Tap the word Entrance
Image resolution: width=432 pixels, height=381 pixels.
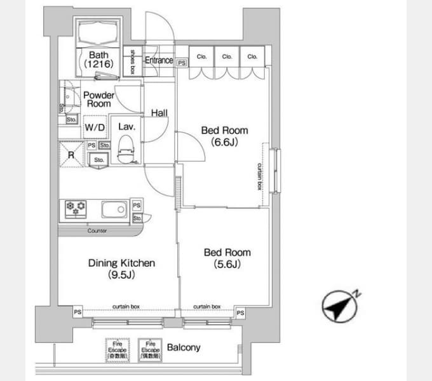point(158,60)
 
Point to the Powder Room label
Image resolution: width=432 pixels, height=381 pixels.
point(98,99)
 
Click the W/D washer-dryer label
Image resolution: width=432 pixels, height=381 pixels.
point(95,128)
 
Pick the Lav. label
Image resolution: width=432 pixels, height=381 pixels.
point(125,126)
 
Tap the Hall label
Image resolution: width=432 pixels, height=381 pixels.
point(159,113)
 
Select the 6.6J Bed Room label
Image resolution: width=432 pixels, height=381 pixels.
point(224,136)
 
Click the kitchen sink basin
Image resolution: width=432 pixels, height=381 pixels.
point(115,208)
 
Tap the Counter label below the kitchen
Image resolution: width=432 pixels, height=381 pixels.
point(97,231)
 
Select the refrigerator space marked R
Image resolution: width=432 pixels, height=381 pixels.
point(71,154)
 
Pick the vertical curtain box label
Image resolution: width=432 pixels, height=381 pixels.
point(259,176)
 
